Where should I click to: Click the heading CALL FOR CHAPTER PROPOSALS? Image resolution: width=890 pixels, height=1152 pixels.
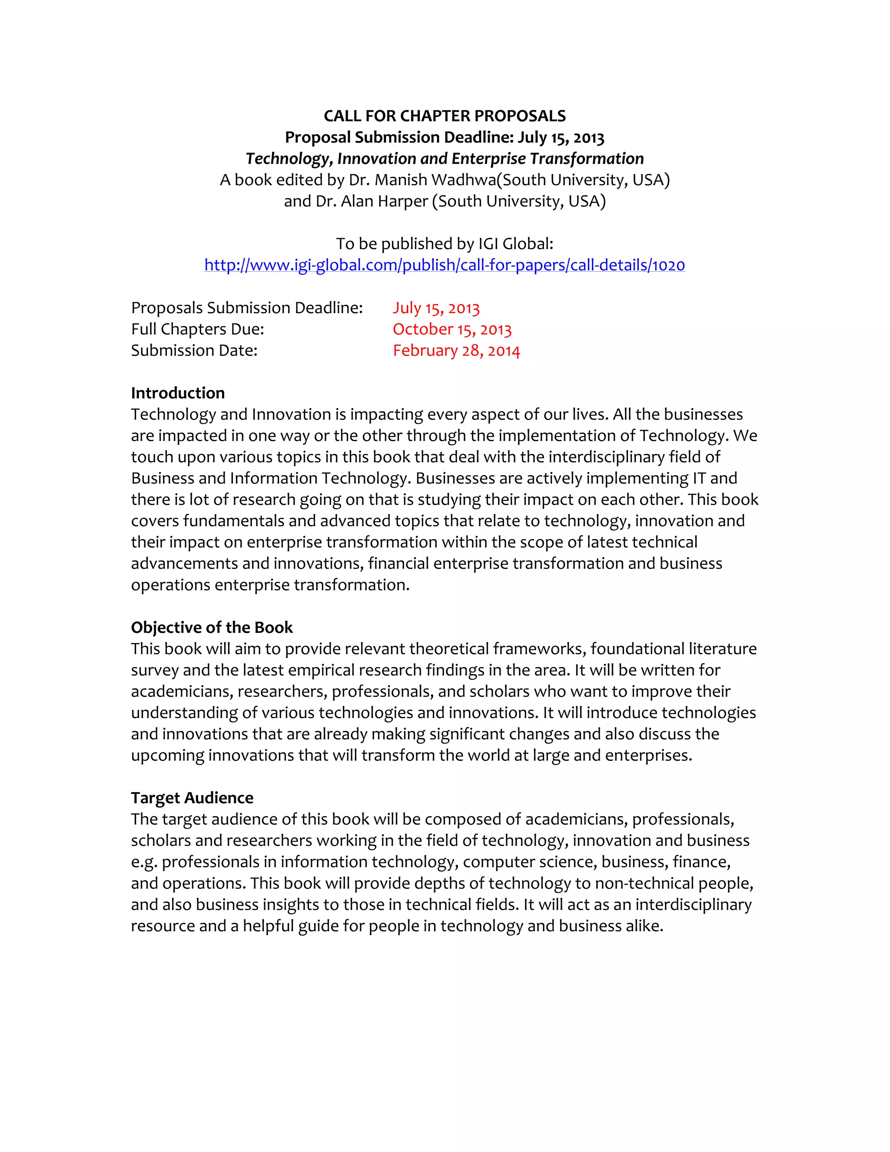coord(445,116)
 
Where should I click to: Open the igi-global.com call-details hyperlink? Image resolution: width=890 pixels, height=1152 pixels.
coord(445,265)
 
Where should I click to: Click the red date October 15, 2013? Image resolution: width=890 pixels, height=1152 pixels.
coord(452,329)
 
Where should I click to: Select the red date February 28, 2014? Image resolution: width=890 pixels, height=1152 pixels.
coord(456,351)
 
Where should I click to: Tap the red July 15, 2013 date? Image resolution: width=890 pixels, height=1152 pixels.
coord(436,308)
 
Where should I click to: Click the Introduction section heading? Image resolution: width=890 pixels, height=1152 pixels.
coord(178,393)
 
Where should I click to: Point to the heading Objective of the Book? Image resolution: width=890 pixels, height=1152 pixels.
coord(212,627)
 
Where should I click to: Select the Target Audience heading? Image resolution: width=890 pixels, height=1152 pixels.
coord(192,798)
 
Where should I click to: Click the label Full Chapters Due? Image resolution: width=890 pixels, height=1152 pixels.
coord(197,329)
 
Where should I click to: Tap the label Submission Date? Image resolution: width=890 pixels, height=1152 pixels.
coord(194,351)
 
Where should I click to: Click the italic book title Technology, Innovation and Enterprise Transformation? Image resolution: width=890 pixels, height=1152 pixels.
coord(445,159)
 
